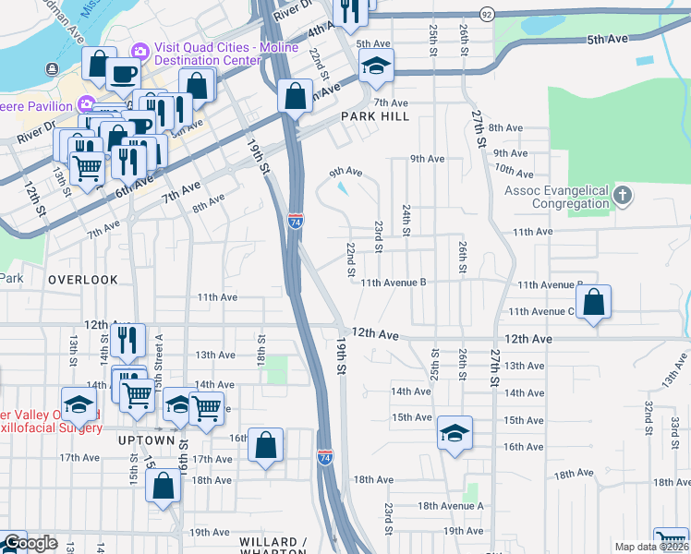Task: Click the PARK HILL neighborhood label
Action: coord(374,116)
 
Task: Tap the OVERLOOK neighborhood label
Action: coord(83,279)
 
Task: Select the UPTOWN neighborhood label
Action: coord(146,441)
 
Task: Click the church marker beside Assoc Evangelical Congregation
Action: coord(624,195)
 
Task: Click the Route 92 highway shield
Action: coord(487,14)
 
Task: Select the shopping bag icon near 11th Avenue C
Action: coord(593,302)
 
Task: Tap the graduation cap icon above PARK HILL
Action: coord(376,66)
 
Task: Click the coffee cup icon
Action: coord(125,73)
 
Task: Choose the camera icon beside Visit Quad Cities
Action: coord(142,49)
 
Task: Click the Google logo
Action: coord(30,543)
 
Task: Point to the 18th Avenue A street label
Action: coord(451,506)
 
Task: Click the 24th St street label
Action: coord(406,219)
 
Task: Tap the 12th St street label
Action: coord(35,199)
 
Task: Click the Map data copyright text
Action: coord(651,547)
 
